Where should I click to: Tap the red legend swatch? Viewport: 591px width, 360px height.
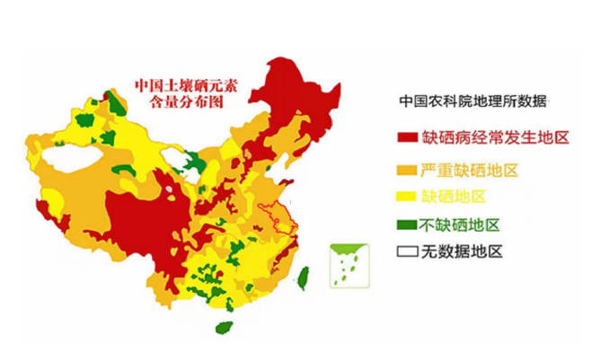407,139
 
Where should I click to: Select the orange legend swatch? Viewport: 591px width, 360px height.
407,169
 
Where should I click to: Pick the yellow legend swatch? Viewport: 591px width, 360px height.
407,197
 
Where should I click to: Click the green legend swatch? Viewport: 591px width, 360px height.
407,224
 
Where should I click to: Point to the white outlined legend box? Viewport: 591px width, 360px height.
407,252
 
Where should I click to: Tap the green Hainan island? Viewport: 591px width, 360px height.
224,327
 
